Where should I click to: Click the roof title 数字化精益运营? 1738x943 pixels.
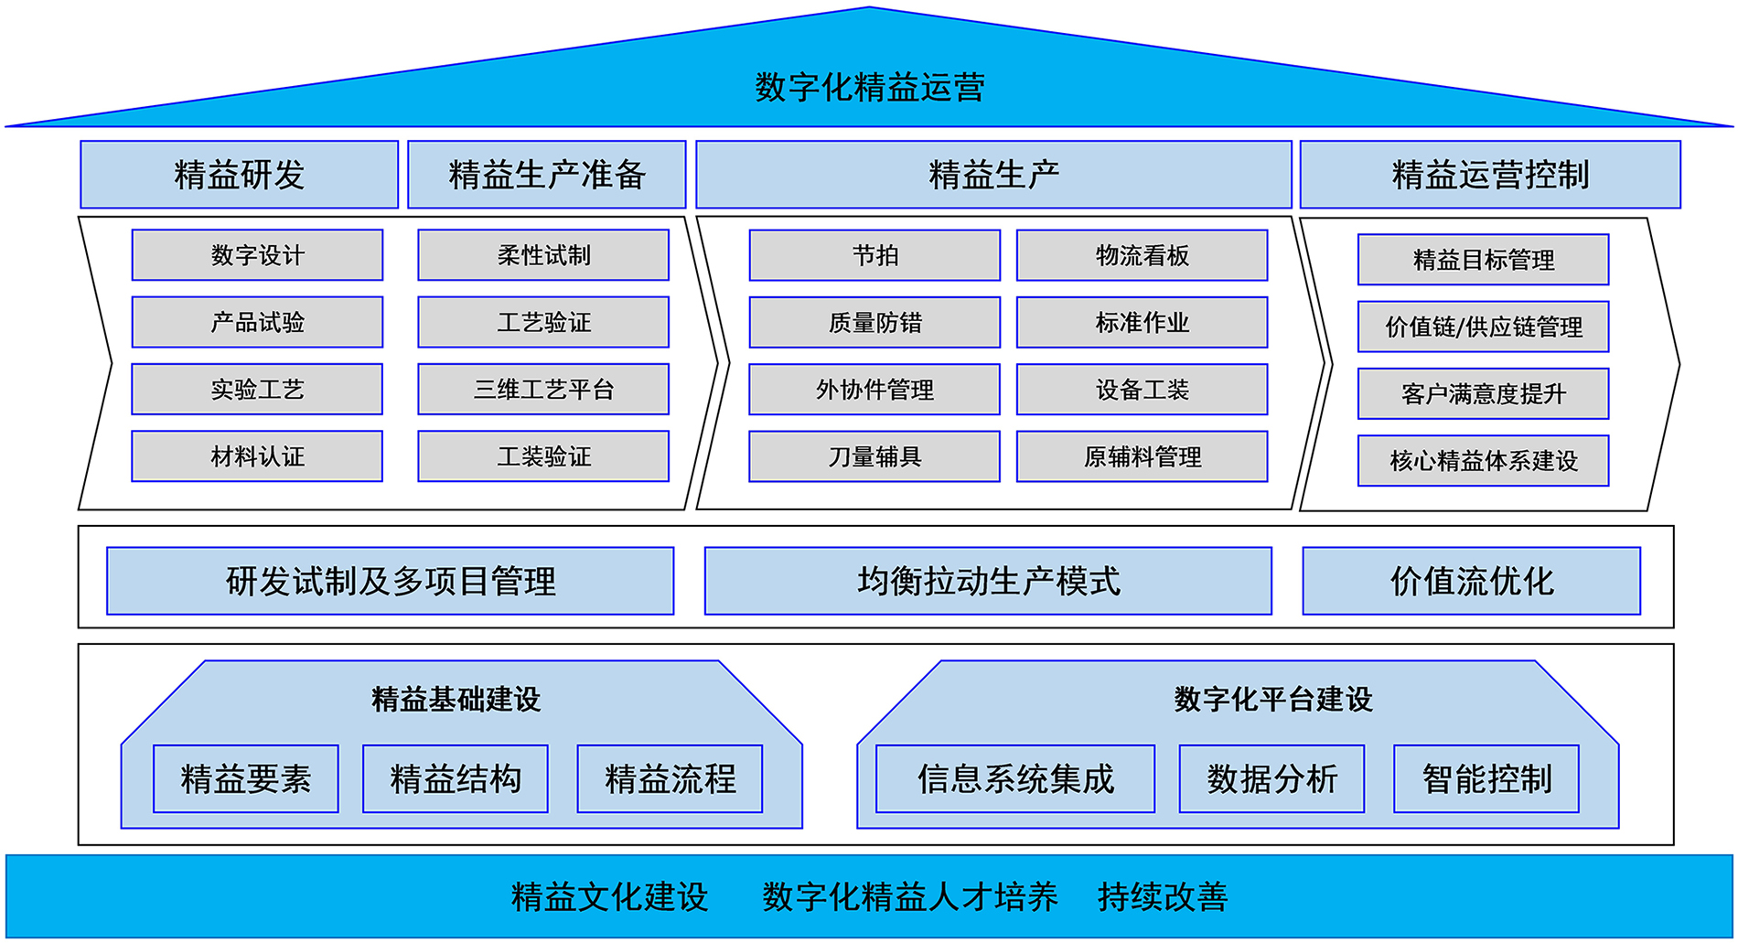[x=869, y=88]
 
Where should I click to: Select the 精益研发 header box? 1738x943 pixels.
[x=239, y=175]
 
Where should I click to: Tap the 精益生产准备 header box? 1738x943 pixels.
[x=546, y=175]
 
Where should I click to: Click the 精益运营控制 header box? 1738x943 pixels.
[x=1489, y=175]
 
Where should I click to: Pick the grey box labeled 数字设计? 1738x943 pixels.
[x=257, y=255]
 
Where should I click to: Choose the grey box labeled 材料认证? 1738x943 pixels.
[x=257, y=456]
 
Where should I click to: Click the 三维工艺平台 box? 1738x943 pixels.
[x=543, y=390]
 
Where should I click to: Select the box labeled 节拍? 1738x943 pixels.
[x=874, y=255]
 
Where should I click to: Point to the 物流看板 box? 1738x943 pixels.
[x=1142, y=255]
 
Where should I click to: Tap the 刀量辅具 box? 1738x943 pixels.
[x=874, y=456]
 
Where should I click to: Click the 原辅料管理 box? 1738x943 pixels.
[x=1142, y=456]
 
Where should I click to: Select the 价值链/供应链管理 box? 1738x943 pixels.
[x=1483, y=327]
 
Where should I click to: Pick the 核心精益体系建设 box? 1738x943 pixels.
[x=1483, y=461]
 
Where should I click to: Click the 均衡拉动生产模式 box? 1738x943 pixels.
[x=988, y=581]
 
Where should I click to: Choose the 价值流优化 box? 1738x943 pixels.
[x=1471, y=581]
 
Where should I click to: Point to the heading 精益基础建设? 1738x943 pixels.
[x=456, y=700]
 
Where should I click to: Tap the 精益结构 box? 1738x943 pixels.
[x=456, y=779]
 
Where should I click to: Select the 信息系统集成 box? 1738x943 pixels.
[x=1015, y=779]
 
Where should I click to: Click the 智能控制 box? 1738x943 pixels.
[x=1486, y=779]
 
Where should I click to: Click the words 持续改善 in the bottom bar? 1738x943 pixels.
[x=1162, y=897]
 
